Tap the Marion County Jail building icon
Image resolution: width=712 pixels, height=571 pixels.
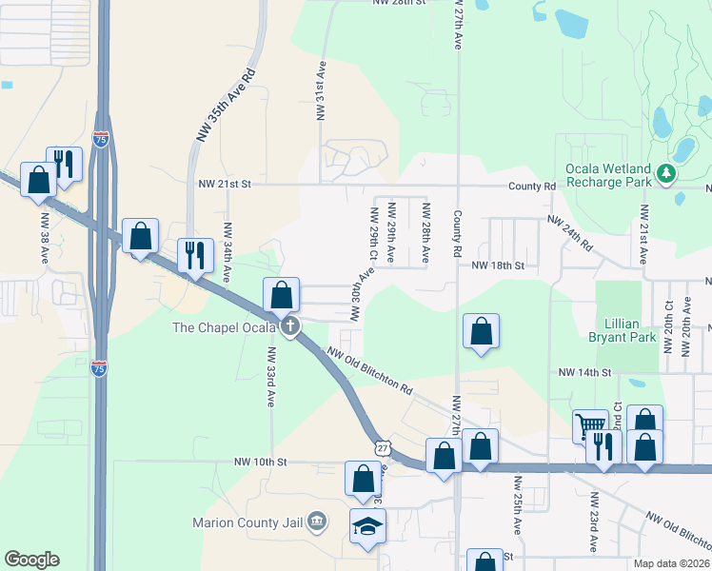[317, 521]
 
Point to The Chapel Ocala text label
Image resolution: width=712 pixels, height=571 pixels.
[225, 327]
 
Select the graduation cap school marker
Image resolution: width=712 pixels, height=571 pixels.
[366, 526]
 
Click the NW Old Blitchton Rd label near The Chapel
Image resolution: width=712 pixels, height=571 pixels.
[369, 371]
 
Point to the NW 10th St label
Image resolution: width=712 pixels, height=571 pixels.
[261, 462]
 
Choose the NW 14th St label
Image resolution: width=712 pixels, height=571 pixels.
[583, 372]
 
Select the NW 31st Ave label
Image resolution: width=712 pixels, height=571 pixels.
[322, 91]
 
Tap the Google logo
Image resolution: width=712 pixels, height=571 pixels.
[31, 560]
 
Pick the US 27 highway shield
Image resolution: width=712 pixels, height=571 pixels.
[382, 447]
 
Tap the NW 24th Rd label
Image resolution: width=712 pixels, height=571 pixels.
[571, 234]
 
